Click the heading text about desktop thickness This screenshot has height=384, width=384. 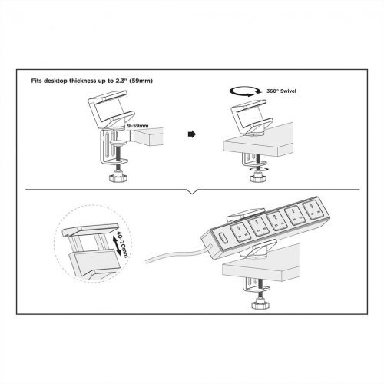coord(92,81)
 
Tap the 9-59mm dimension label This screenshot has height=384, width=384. coord(137,126)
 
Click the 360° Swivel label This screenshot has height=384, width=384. coord(281,91)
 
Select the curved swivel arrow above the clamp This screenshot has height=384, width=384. coord(245,91)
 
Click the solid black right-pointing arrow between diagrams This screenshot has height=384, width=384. coord(192,134)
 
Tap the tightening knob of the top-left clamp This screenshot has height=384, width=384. coord(118,178)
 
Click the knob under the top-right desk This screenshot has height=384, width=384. coord(259,178)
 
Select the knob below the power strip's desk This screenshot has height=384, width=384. coord(260,304)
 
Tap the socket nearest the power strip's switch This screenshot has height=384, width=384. coord(240,232)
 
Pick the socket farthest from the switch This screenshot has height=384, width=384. coord(312,208)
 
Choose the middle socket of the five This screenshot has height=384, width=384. coord(276,220)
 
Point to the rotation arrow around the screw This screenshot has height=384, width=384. coord(259,169)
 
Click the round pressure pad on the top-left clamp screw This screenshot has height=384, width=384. coord(119,142)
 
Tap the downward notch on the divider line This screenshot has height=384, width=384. coord(192,192)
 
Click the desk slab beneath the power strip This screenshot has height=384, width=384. coord(260,266)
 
